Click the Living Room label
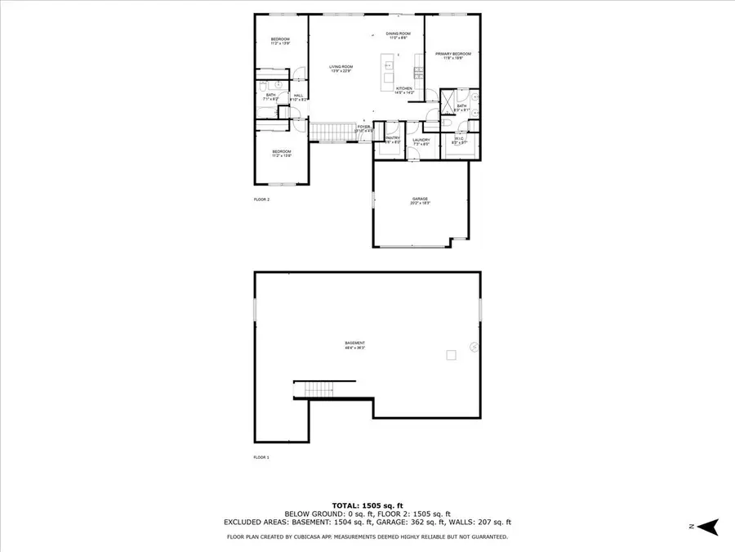click(x=341, y=69)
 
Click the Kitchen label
click(x=406, y=91)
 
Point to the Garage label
click(x=420, y=200)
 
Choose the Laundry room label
click(x=421, y=141)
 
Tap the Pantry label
click(x=393, y=140)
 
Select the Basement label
click(x=354, y=344)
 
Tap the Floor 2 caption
click(x=262, y=199)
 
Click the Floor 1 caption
click(x=262, y=457)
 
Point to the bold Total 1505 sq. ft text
click(x=367, y=505)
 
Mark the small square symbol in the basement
click(x=449, y=354)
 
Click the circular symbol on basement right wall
click(x=472, y=347)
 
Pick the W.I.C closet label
click(x=461, y=141)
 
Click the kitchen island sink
click(x=390, y=65)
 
